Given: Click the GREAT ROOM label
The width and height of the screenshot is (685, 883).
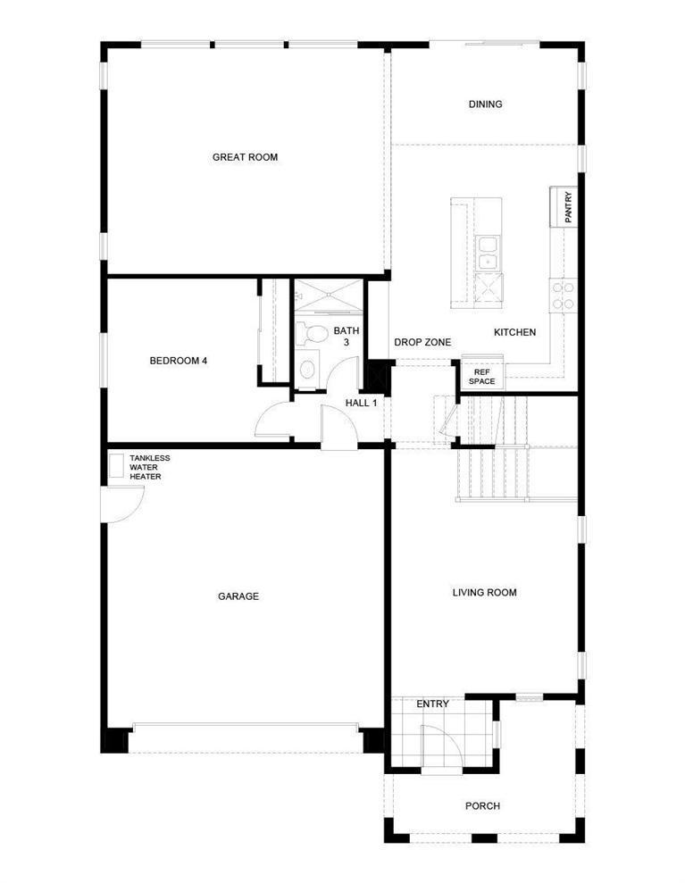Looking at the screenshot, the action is pos(245,157).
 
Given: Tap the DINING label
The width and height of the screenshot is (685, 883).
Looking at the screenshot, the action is pos(485,104).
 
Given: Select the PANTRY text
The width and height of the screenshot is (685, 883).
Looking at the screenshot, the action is pos(568,207).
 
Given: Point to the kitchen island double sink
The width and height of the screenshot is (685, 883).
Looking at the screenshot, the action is pos(488,253).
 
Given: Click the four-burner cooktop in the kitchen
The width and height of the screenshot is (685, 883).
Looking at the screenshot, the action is pos(564,296).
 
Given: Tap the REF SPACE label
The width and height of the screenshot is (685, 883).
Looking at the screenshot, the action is pos(481,377).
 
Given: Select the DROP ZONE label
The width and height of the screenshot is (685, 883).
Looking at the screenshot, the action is pos(422,342).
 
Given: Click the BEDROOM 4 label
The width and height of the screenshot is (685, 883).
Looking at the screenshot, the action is pos(179,361).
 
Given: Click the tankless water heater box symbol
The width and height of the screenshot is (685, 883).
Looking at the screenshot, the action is pos(117,466).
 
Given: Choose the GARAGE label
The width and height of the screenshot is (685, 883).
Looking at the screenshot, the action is pos(238,596).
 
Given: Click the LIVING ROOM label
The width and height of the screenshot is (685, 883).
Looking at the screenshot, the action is pos(484,593).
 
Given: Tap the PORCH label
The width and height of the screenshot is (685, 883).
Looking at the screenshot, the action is pos(483,806).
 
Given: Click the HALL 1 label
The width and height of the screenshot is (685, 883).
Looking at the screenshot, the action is pos(361,403).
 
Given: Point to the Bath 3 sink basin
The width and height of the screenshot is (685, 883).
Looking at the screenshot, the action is pos(307,370).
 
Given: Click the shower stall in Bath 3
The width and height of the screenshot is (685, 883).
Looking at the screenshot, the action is pos(330,295).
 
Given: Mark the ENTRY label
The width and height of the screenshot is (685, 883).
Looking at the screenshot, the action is pos(432,704).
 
